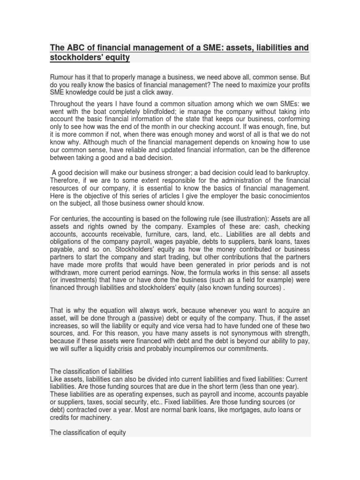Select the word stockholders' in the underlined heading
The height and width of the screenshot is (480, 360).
(73, 58)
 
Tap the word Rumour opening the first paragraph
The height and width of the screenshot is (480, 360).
(63, 77)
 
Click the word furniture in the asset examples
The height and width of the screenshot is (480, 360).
(162, 234)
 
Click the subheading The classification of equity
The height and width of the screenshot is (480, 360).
(88, 433)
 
